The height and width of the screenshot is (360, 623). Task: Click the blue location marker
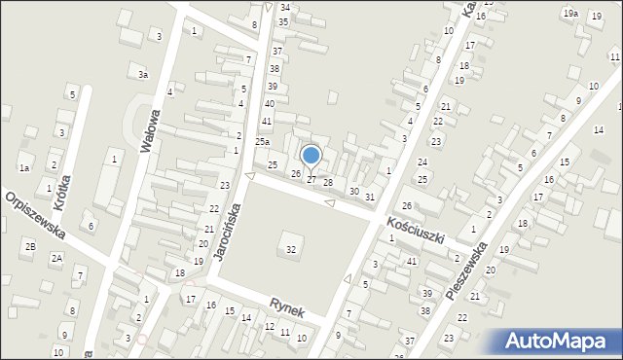(311, 156)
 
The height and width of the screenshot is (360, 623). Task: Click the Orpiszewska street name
(34, 216)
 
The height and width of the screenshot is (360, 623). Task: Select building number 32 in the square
(290, 250)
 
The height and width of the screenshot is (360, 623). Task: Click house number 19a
(569, 13)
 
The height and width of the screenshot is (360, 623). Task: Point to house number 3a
(142, 74)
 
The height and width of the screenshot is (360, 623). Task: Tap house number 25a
(262, 142)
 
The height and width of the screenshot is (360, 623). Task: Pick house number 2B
(30, 246)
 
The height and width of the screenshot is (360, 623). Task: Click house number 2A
(56, 258)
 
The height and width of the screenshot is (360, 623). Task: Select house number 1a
(24, 168)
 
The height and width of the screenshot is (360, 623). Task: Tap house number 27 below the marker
(311, 180)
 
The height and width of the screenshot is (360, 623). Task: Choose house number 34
(284, 7)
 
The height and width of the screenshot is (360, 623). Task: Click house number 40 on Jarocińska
(270, 103)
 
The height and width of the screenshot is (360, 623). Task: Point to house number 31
(369, 198)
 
